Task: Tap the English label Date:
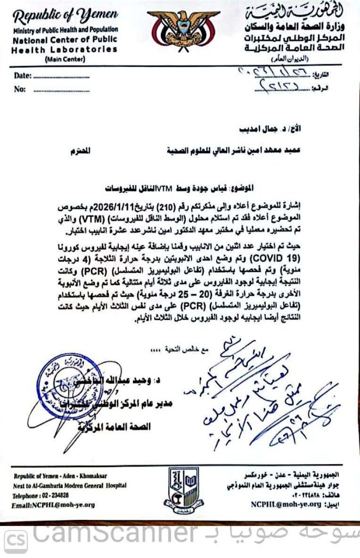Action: click(23, 76)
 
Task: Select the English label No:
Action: click(21, 90)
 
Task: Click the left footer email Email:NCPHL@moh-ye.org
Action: click(53, 505)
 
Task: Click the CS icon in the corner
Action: click(15, 540)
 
